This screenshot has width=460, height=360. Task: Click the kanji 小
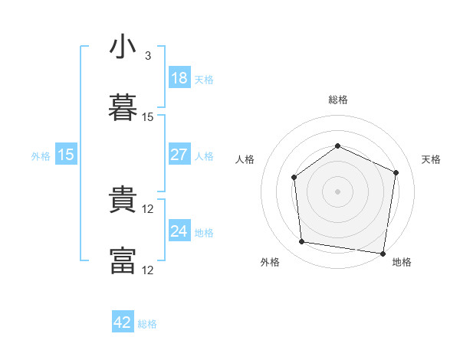[123, 47]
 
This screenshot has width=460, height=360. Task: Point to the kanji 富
[123, 260]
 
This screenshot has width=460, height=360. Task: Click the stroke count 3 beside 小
[148, 56]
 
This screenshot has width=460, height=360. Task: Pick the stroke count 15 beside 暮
[148, 117]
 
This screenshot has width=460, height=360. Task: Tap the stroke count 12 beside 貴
[149, 209]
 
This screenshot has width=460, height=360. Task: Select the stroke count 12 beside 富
[149, 270]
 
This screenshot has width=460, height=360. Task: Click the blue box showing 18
[179, 78]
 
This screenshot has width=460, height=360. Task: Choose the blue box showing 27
[179, 155]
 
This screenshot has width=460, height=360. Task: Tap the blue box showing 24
[179, 231]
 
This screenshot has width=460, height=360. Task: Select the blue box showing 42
[123, 322]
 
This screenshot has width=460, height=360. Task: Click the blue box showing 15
[66, 155]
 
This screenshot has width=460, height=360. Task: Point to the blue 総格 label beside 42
[147, 324]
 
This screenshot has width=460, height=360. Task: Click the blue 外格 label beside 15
[41, 156]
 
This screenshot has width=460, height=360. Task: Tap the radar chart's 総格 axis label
[337, 100]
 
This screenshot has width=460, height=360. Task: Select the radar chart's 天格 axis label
[432, 159]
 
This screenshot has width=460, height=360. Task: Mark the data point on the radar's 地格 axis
[383, 253]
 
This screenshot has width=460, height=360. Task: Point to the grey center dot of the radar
[337, 191]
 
